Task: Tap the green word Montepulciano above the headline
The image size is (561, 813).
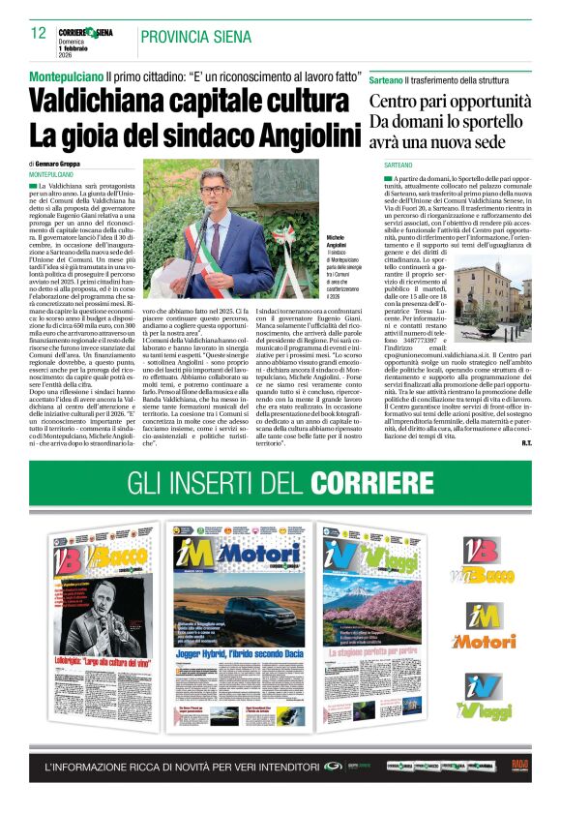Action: (66, 75)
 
